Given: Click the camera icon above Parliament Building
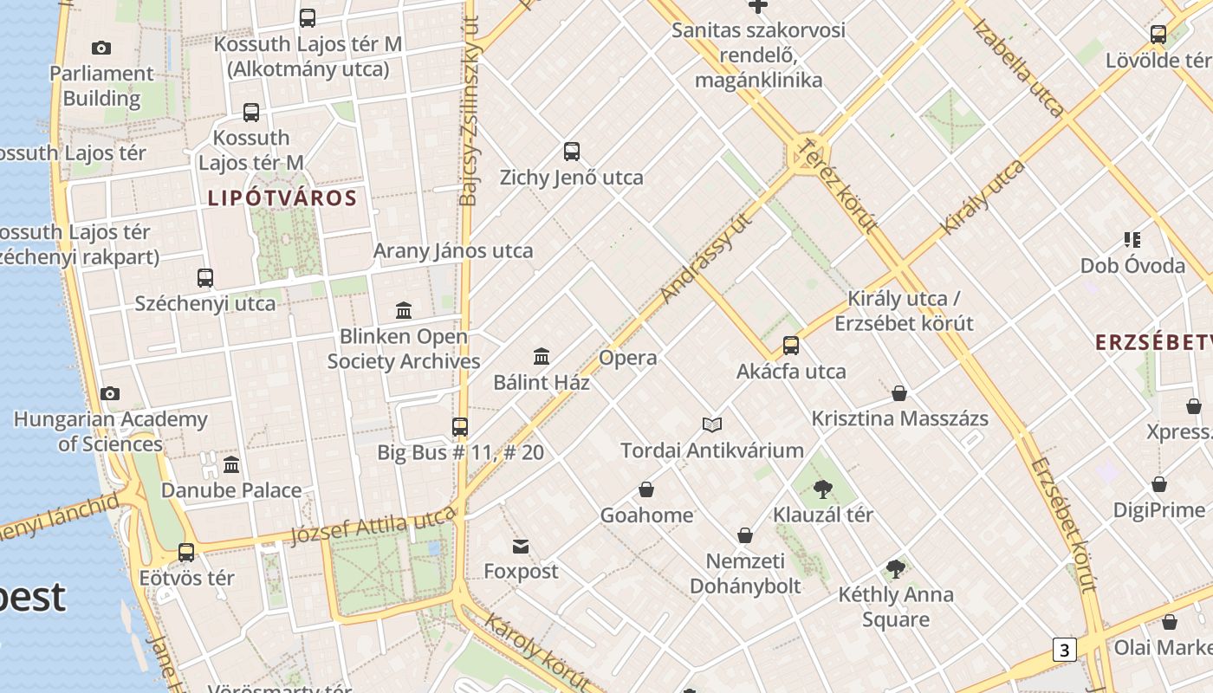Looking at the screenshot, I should pos(101,49).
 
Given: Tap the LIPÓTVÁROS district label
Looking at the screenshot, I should pos(282,198).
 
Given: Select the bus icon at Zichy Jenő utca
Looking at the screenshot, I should pos(572,152).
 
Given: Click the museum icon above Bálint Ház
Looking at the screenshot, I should pos(542,356).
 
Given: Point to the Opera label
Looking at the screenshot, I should pos(628,358).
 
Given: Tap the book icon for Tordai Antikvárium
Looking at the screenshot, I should pos(712,424).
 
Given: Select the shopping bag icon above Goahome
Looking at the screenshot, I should pos(646,489).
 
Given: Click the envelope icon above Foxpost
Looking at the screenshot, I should pos(521,546).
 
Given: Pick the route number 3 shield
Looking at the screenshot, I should pos(1064,650).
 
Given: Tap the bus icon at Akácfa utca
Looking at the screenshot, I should pos(791,346).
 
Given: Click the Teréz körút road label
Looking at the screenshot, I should pos(838,185).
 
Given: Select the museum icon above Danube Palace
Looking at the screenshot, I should pos(231,465).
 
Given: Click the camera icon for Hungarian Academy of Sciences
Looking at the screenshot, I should pos(110,394).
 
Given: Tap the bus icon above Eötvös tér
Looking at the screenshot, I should pos(186,552).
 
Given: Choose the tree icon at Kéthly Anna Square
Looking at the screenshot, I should pos(896,569).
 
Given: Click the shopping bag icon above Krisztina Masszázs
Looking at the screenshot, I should pos(899,393).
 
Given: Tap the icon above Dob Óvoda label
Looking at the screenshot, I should pos(1132,240).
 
